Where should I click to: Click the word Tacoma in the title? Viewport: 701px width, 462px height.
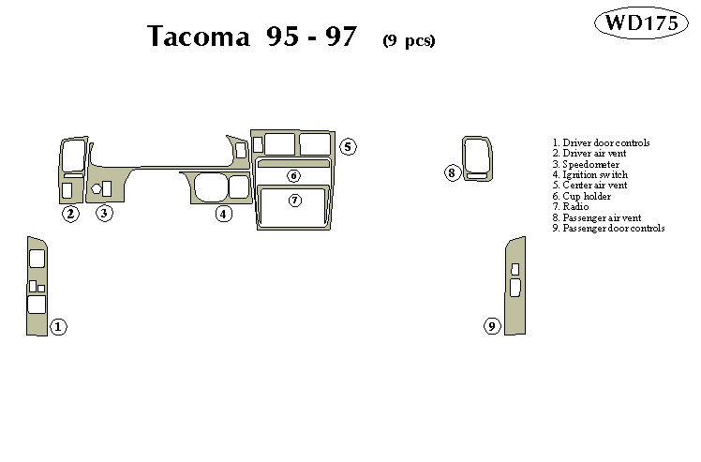198,37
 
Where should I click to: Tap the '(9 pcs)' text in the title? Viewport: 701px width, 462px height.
409,39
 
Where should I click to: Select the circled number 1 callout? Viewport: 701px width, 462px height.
58,327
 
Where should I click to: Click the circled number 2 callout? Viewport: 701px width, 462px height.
70,214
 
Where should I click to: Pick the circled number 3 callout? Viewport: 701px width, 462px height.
104,214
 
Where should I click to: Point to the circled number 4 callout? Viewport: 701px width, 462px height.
223,214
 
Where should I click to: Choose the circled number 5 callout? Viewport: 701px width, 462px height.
348,146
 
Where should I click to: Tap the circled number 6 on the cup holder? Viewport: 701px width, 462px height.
294,175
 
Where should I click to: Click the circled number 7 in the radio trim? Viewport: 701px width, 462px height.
294,200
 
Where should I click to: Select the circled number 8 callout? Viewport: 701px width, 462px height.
452,172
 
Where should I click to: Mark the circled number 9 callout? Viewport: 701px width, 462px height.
492,326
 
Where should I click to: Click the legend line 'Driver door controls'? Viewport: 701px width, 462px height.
601,142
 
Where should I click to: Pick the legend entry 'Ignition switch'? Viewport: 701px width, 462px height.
589,174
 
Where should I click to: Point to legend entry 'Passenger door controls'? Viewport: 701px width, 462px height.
608,228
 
